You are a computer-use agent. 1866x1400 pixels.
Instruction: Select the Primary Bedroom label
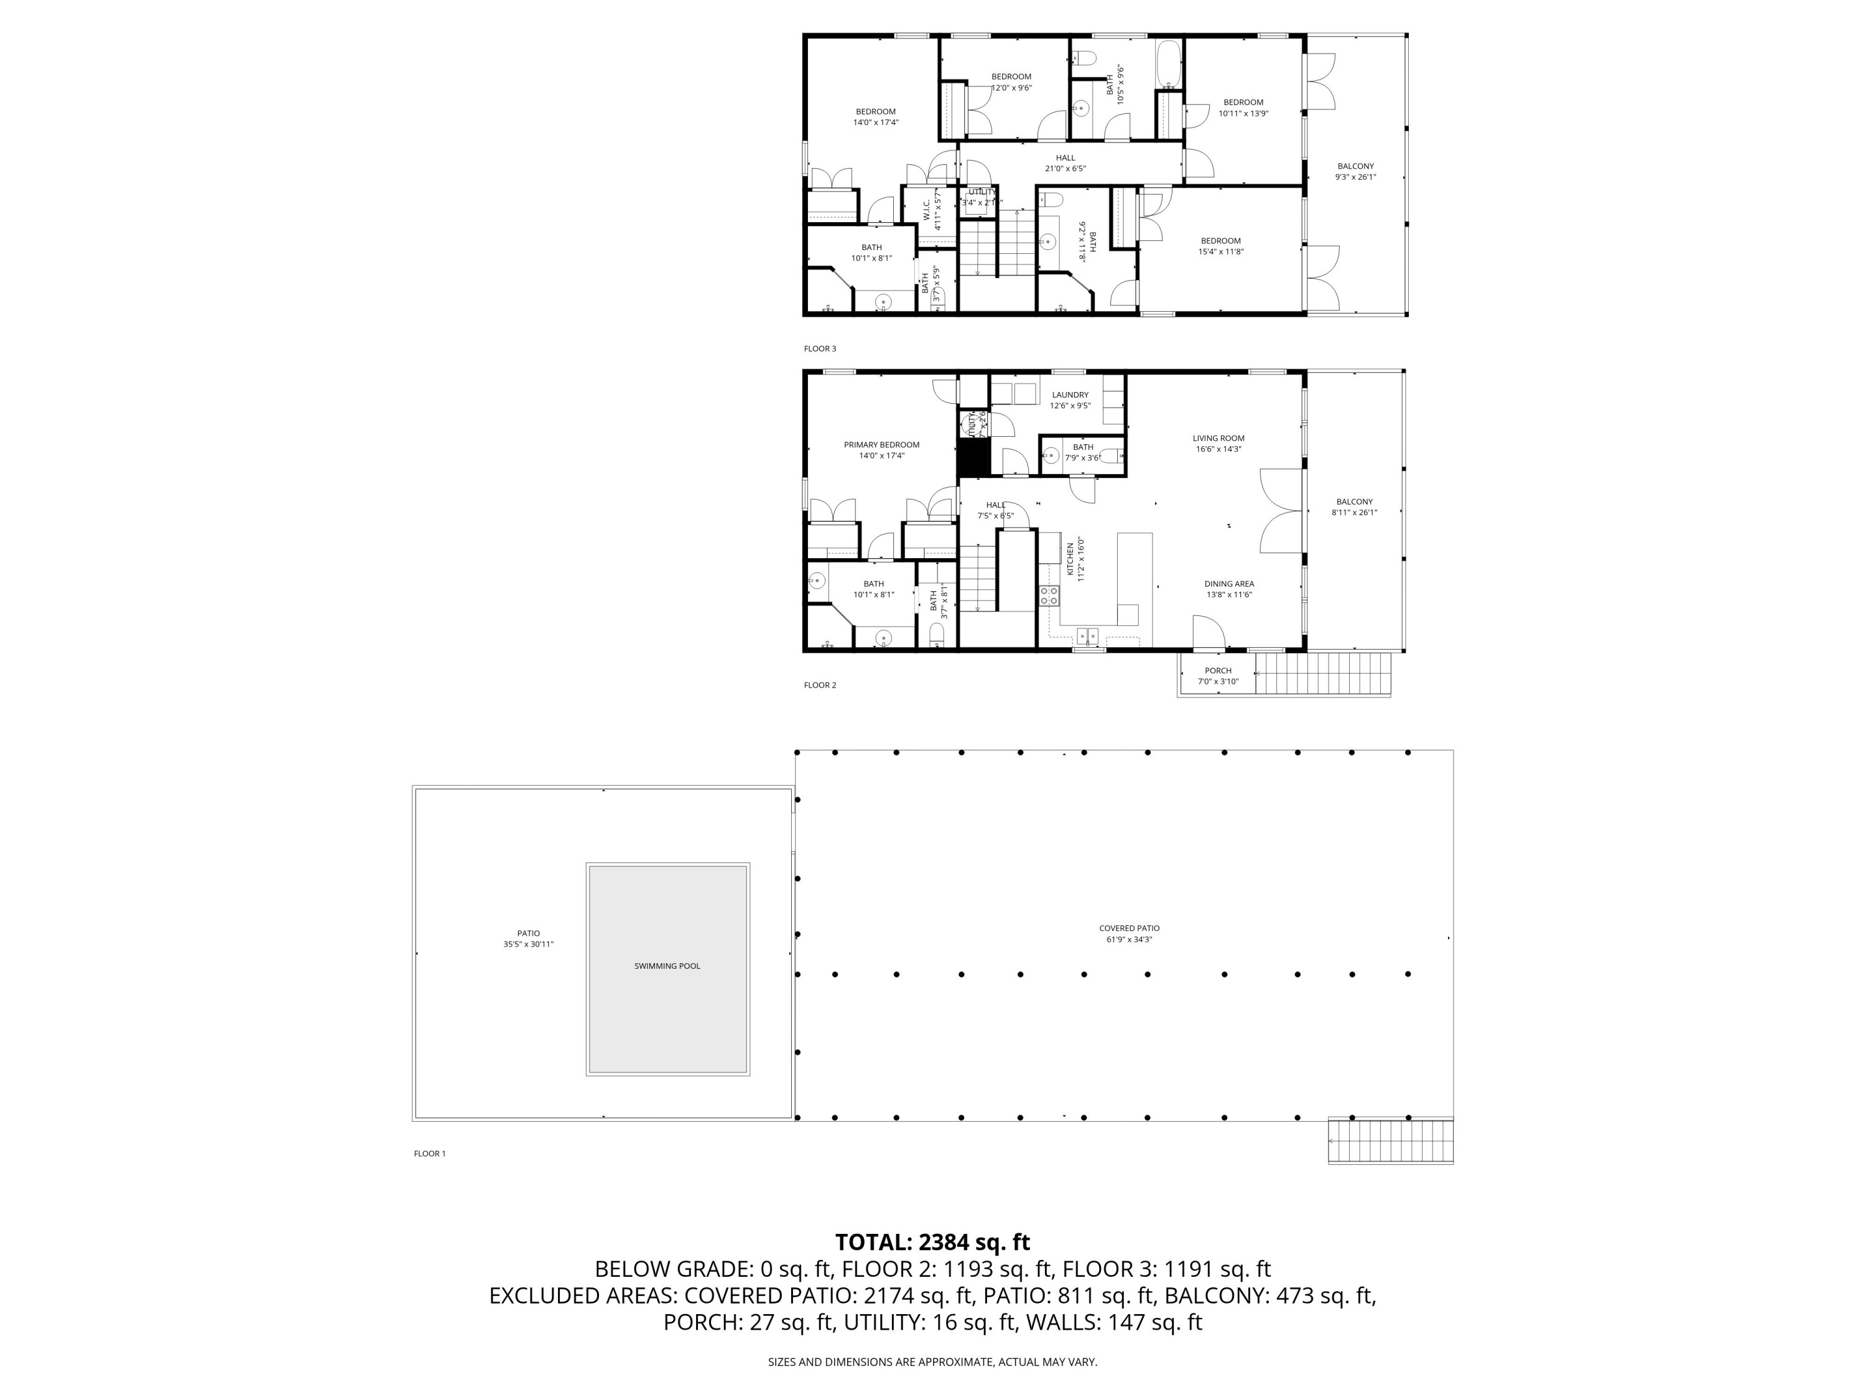tap(881, 445)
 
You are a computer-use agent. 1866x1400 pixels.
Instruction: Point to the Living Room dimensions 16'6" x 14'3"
tap(1218, 449)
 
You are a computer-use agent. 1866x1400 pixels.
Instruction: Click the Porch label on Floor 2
tap(1217, 671)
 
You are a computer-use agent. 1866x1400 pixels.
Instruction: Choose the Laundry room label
tap(1070, 395)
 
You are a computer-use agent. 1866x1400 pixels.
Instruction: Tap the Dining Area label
tap(1228, 584)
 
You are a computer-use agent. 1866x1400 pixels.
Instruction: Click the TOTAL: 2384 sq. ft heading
tap(932, 1242)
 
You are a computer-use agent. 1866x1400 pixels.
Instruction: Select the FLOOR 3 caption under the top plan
tap(819, 348)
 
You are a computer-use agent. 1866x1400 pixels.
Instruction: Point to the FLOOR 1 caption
tap(429, 1154)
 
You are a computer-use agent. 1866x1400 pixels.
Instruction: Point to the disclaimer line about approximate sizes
tap(932, 1362)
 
